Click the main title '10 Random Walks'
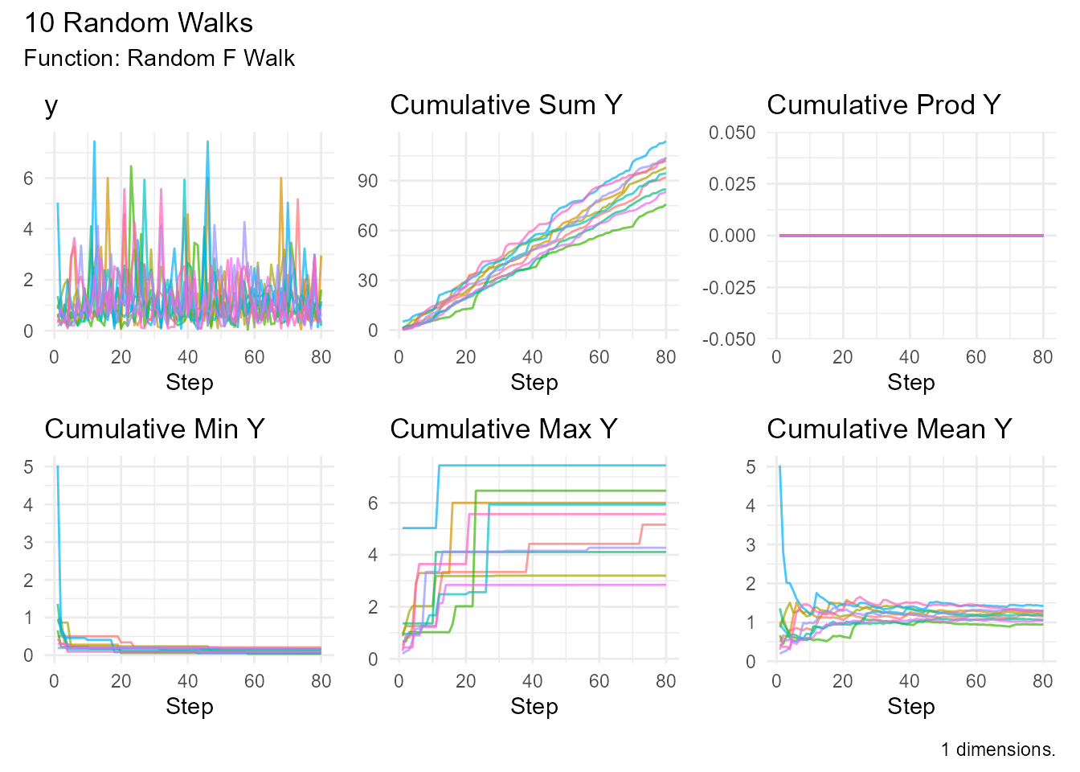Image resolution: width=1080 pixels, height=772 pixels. [138, 23]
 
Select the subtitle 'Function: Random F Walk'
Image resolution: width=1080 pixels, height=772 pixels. [159, 59]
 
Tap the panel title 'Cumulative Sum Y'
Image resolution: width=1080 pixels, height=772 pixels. [505, 105]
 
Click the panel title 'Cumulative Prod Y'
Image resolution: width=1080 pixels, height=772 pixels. [883, 105]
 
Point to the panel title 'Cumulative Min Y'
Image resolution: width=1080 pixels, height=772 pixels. [154, 429]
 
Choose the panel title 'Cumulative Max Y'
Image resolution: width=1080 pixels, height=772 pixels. [503, 429]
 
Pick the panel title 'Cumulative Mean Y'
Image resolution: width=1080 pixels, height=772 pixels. [889, 429]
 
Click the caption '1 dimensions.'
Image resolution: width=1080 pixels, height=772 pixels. [997, 749]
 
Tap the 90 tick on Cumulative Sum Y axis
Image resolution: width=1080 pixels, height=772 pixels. [367, 181]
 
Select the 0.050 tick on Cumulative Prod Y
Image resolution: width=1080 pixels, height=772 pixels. [732, 133]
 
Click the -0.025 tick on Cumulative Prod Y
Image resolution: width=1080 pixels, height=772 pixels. [729, 288]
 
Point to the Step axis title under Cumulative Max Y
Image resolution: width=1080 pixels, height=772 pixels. [534, 707]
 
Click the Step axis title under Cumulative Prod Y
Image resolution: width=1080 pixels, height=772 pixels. [910, 383]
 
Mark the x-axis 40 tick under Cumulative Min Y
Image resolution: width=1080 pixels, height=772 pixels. [187, 682]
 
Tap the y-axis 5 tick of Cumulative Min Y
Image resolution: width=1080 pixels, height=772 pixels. [29, 466]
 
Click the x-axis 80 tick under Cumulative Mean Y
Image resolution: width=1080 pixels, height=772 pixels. [1042, 682]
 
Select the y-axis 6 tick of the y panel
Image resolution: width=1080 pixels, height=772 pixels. [29, 179]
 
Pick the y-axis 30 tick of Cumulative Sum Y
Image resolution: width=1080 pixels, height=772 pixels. [367, 281]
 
